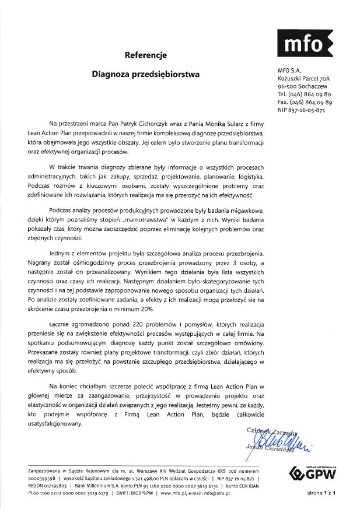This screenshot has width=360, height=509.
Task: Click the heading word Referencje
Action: [x=146, y=56]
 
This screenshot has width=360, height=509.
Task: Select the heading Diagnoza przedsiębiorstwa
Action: [x=146, y=75]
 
